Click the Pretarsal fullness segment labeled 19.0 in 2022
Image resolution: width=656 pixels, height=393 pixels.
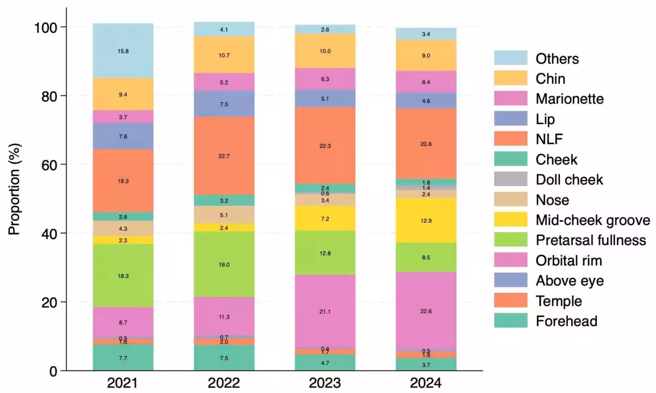pos(224,264)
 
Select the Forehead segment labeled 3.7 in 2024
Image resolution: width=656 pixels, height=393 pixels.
pos(426,364)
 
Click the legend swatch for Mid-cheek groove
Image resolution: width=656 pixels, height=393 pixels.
pos(511,220)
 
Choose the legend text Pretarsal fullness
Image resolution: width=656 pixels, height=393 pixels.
pos(590,240)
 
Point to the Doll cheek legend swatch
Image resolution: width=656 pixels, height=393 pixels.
pos(511,180)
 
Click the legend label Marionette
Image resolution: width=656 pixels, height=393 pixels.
pos(570,99)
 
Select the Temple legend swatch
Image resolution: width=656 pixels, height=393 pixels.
pos(511,300)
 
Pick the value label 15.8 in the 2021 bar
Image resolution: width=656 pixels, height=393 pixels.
pos(123,51)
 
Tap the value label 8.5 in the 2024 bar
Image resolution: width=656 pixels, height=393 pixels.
pos(426,257)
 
